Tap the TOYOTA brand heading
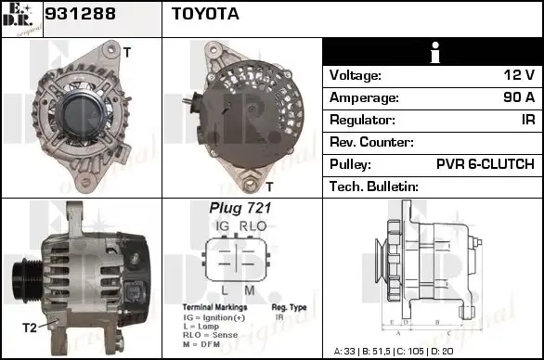pos(205,14)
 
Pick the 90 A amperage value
pos(515,97)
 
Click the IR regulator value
pos(526,120)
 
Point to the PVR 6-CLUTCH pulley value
pos(485,164)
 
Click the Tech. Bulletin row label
pos(374,186)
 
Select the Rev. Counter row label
pos(371,142)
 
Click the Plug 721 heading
pos(234,209)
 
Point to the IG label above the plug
pos(223,226)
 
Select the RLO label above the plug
pos(253,226)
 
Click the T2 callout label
pos(30,328)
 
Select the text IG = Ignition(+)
pos(214,317)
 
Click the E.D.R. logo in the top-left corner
pos(21,19)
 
